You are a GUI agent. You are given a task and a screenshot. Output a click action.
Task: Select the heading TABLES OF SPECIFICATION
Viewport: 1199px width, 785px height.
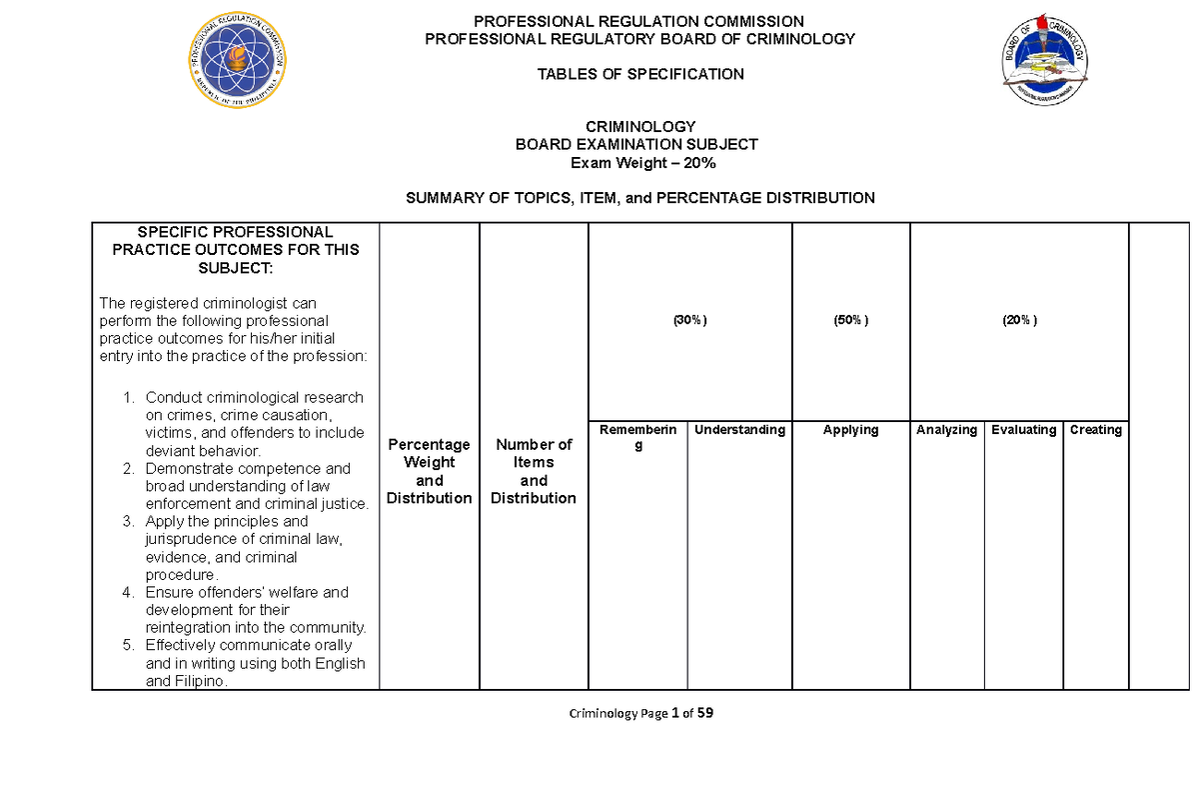[x=640, y=74]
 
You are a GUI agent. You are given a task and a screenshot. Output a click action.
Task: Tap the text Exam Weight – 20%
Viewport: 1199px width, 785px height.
[x=640, y=162]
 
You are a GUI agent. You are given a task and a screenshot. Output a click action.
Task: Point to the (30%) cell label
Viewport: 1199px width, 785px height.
[x=689, y=320]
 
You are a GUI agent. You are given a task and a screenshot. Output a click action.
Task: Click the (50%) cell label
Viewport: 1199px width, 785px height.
[x=851, y=320]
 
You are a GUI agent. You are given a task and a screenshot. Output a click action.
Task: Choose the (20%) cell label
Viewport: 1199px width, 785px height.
[x=1019, y=320]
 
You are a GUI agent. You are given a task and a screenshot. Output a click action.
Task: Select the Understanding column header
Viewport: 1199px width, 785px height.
[x=739, y=430]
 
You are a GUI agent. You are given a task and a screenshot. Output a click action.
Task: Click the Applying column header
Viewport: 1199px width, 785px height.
[x=850, y=430]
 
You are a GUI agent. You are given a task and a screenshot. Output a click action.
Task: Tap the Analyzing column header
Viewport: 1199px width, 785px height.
[x=946, y=430]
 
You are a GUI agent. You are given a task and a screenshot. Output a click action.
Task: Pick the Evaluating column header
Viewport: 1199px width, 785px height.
[x=1023, y=430]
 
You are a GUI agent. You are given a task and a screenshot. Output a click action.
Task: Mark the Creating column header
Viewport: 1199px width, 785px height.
[x=1095, y=430]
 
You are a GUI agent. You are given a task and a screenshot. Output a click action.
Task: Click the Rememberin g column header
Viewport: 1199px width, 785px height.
[x=638, y=437]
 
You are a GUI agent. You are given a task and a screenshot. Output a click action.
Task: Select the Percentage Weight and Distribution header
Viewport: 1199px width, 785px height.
[x=429, y=471]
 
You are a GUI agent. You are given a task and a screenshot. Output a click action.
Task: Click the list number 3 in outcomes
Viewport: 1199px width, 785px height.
[x=127, y=522]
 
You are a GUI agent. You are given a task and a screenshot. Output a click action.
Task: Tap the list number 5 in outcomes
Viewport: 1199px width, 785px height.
[x=127, y=646]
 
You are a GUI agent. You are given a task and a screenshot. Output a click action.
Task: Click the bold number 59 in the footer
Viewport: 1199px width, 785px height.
[x=706, y=714]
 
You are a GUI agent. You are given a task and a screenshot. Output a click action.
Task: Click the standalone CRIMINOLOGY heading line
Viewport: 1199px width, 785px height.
[x=640, y=127]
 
